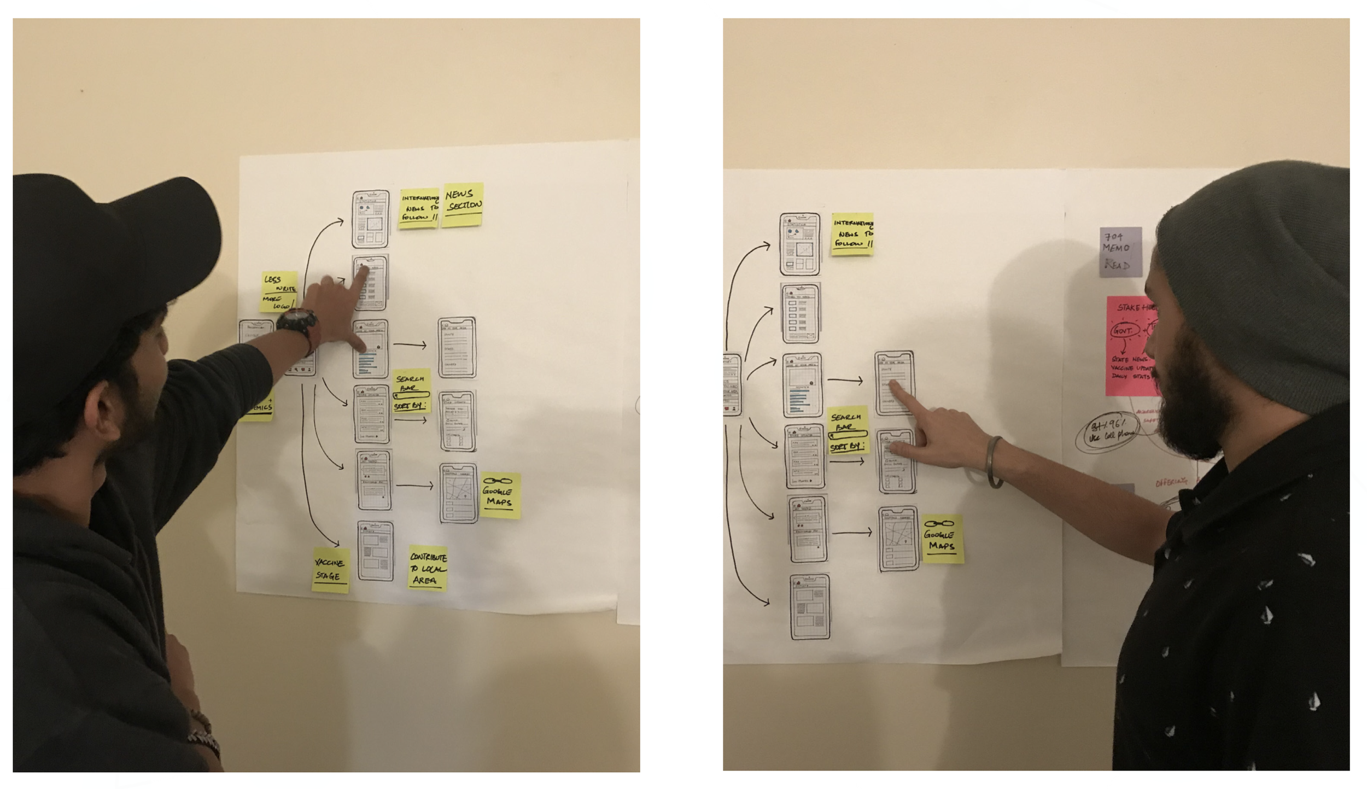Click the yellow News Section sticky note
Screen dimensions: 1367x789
pyautogui.click(x=463, y=204)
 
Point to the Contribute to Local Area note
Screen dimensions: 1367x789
pyautogui.click(x=428, y=568)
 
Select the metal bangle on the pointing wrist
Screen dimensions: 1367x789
pyautogui.click(x=994, y=462)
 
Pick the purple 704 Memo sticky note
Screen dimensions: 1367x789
pyautogui.click(x=1120, y=252)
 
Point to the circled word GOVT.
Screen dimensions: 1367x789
pyautogui.click(x=1124, y=331)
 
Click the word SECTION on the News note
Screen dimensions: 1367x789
pyautogui.click(x=464, y=206)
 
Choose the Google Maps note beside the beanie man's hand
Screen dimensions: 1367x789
pyautogui.click(x=942, y=539)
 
